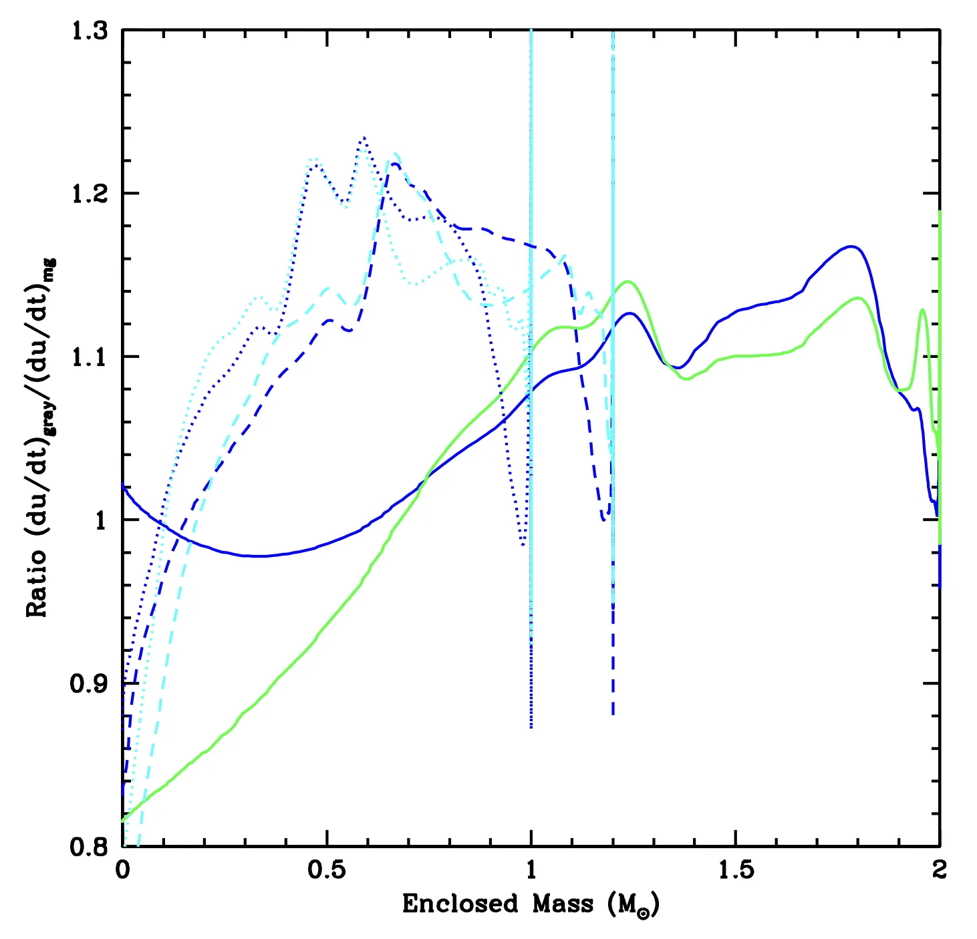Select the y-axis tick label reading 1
coord(101,520)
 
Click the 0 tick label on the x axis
coord(123,870)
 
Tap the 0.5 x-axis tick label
coord(327,870)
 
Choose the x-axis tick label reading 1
coord(531,870)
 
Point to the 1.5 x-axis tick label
coord(735,870)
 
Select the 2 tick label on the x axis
coord(940,870)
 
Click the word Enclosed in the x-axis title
coord(460,904)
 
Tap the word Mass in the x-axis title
coord(563,904)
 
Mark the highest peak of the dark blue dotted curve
coord(364,138)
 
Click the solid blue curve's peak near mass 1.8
coord(851,246)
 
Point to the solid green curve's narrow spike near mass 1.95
coord(922,310)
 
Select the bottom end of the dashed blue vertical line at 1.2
coord(613,715)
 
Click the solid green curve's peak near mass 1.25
coord(627,281)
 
